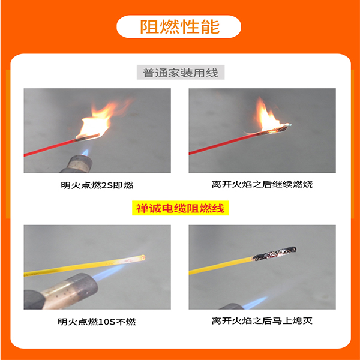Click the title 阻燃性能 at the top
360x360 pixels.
click(179, 27)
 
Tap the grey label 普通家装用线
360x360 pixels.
click(180, 73)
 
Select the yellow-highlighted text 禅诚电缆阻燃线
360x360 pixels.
click(181, 208)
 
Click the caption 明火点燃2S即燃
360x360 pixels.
click(97, 184)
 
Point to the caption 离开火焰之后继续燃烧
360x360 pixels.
click(262, 184)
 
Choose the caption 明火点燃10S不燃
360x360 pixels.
click(97, 322)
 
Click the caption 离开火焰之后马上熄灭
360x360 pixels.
click(262, 322)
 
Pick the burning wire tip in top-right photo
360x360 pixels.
click(281, 127)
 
